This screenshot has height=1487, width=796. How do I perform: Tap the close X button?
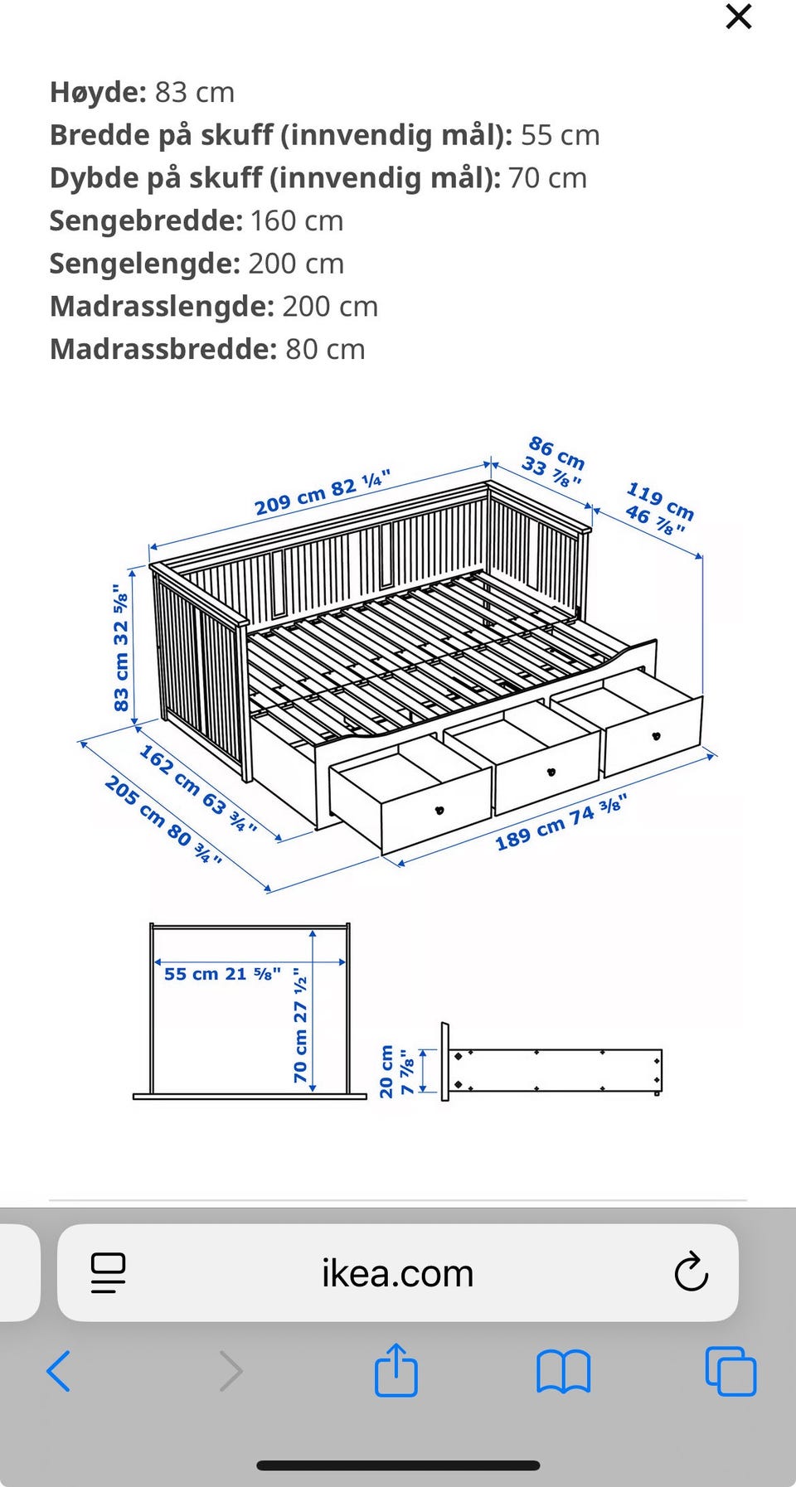point(738,17)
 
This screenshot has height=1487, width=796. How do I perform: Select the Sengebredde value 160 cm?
point(296,220)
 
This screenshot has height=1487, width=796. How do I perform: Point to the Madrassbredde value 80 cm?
point(325,349)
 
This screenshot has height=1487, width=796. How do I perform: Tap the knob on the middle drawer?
point(551,772)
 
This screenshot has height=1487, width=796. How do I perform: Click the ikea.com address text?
point(398,1273)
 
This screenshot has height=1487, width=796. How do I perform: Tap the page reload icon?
point(691,1272)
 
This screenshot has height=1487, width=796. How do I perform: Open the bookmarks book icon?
point(563,1372)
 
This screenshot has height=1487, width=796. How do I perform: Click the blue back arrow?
point(59,1370)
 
